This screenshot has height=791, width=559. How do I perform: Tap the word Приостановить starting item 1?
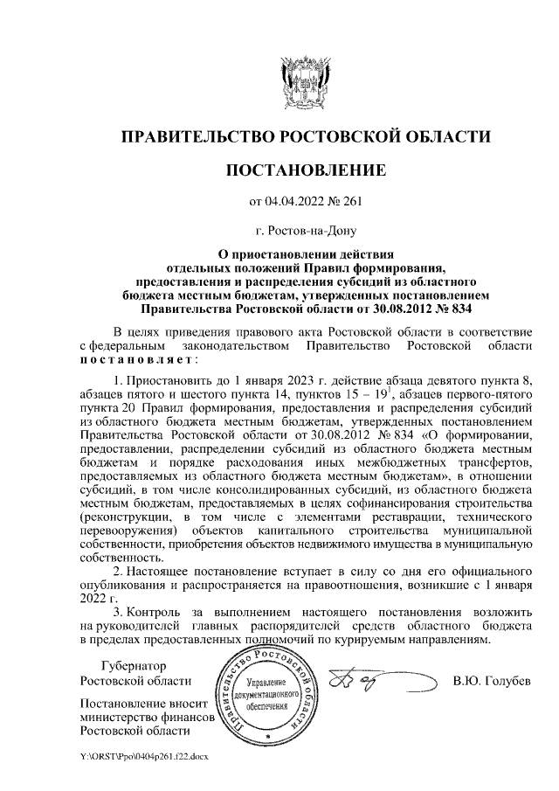pyautogui.click(x=169, y=382)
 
